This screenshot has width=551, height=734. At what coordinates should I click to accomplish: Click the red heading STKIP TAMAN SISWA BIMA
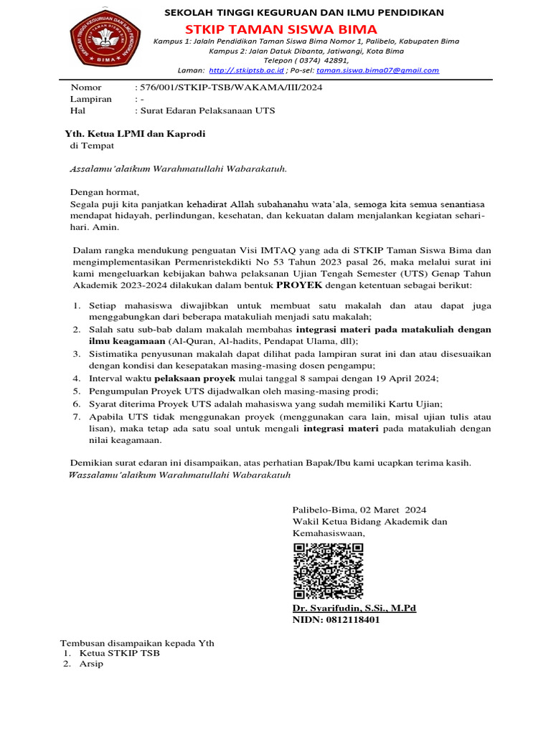(x=281, y=29)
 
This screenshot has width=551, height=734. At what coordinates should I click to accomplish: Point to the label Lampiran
(x=90, y=99)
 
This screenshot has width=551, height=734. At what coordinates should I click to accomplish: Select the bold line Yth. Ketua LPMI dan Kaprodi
(x=131, y=133)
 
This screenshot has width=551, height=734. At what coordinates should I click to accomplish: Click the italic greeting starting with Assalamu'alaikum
(x=178, y=169)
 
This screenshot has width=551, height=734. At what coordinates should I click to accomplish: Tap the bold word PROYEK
(x=299, y=285)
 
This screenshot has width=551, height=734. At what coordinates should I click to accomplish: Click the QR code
(x=328, y=571)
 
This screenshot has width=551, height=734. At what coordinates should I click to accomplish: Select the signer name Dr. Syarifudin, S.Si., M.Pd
(x=354, y=608)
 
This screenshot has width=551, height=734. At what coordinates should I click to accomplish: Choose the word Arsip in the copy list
(x=91, y=664)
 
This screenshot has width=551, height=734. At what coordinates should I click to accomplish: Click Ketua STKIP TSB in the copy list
(x=119, y=653)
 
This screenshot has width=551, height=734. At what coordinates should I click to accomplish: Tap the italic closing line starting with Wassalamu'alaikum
(x=179, y=475)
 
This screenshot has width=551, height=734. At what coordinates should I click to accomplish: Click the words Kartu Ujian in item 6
(x=415, y=404)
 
